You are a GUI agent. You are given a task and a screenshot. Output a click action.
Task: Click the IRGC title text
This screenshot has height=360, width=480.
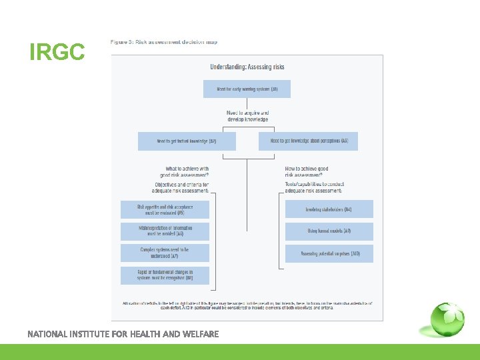point(57,52)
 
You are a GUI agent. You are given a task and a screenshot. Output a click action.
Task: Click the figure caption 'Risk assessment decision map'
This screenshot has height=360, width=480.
point(164,42)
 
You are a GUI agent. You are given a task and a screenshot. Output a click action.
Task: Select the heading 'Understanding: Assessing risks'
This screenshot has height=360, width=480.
point(247,67)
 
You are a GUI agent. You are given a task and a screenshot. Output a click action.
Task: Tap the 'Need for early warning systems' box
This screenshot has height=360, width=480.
point(247,89)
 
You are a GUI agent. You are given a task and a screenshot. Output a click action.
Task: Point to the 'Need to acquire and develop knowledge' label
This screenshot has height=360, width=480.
point(247,116)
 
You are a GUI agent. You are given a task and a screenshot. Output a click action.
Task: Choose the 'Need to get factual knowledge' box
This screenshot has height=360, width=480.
point(187,141)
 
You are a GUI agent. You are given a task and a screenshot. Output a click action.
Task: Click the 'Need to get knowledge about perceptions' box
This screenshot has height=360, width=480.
point(308,141)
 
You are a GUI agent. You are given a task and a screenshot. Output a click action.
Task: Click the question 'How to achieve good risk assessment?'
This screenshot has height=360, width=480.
point(307,171)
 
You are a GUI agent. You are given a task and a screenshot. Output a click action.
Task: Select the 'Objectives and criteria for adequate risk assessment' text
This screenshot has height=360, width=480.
point(181,187)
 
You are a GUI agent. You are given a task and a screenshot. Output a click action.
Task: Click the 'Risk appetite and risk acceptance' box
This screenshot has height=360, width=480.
point(165,209)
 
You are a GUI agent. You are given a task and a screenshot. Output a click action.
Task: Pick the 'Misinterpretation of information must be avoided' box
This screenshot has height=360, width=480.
point(165,231)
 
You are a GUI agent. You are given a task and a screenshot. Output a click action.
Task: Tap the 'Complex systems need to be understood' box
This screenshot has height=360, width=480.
point(165,253)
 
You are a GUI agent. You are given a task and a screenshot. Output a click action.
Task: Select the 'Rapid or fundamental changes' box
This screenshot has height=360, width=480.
point(165,275)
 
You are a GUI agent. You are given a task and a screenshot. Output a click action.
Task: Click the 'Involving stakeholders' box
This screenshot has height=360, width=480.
point(329,209)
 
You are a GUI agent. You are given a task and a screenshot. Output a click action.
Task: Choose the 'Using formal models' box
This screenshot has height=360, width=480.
point(329,231)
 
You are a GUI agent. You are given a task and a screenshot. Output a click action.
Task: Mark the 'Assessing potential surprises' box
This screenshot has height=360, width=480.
point(329,253)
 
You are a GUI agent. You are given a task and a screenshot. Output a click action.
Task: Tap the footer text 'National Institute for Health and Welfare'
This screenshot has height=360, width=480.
point(123,333)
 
